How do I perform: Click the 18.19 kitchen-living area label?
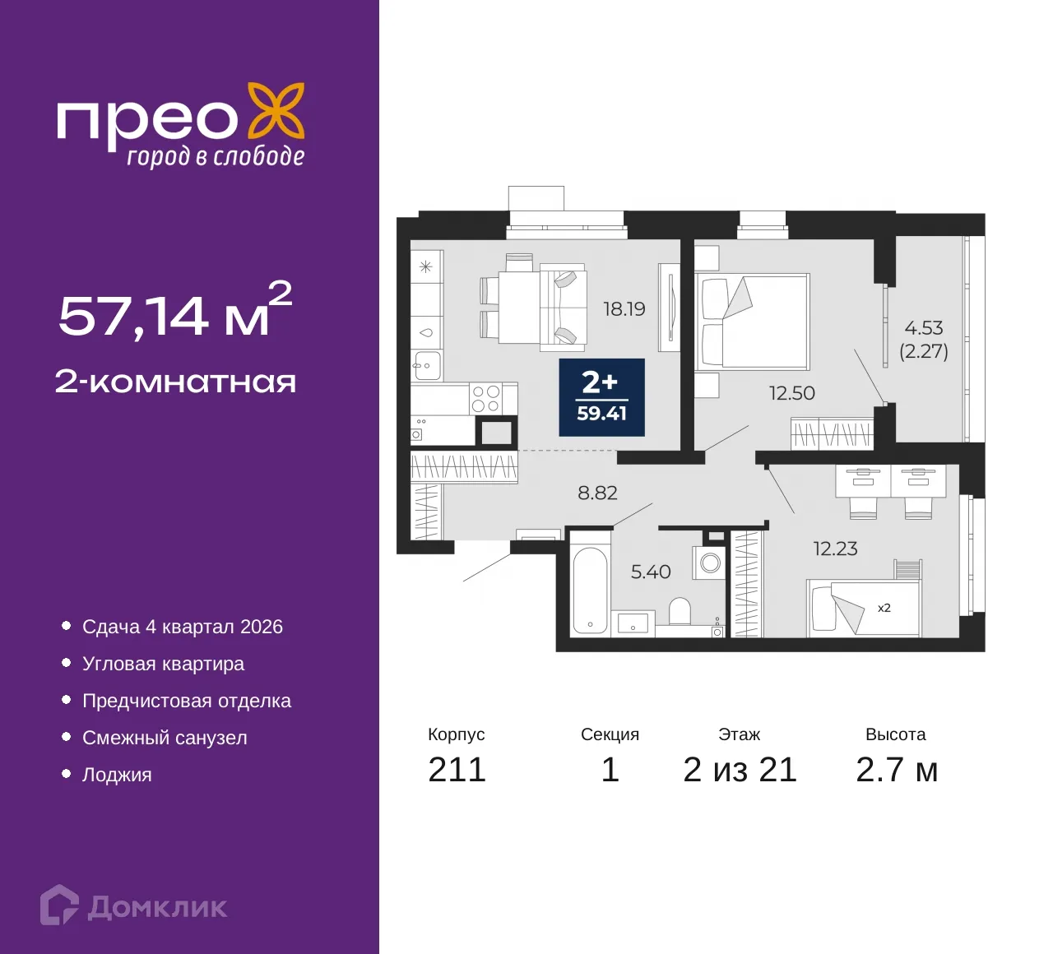click(x=624, y=309)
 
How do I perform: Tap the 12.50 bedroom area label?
click(x=792, y=393)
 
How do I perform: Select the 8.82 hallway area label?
click(x=597, y=493)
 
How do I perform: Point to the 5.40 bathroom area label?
click(x=651, y=572)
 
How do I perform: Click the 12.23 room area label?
click(x=836, y=549)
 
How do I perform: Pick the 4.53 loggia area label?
click(x=924, y=328)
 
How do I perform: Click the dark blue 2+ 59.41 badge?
click(x=601, y=397)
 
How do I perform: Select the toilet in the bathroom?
click(x=680, y=611)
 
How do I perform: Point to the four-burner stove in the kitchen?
click(x=485, y=400)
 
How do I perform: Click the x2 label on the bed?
click(x=884, y=609)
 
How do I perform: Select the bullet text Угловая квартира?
click(x=163, y=664)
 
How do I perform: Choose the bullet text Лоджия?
click(x=117, y=775)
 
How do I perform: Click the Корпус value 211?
click(x=457, y=770)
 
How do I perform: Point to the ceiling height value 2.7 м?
click(x=897, y=770)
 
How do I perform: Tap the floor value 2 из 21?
click(x=740, y=770)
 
